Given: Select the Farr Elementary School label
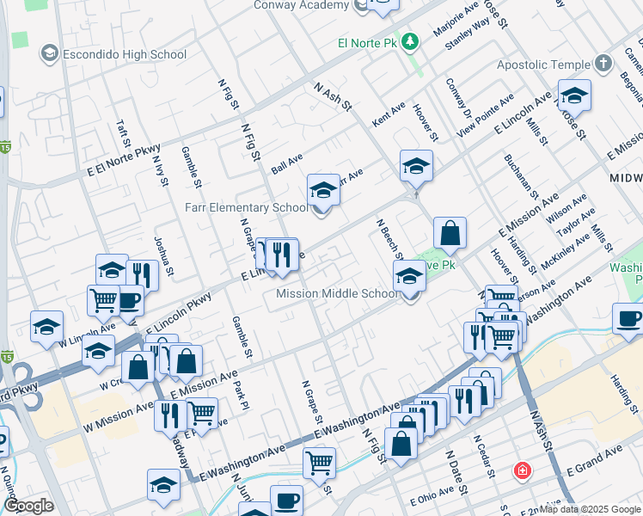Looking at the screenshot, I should point(247,207).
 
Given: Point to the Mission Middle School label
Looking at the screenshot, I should point(337,293).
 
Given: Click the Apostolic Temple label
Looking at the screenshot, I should point(545,64).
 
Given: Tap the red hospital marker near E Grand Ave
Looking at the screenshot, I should point(522,471).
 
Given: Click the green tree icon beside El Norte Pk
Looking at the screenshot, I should point(411,41).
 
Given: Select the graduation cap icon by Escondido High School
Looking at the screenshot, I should point(49,55).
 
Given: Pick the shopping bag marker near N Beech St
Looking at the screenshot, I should point(450,232).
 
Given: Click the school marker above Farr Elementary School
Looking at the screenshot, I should point(324,190).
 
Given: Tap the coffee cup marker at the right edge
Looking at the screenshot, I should point(629,319).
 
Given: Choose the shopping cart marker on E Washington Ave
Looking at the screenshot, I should point(319,463).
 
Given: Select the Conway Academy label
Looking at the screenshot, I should point(302,5).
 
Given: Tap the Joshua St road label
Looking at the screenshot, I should point(164,256).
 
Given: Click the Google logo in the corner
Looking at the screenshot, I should point(28,507).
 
